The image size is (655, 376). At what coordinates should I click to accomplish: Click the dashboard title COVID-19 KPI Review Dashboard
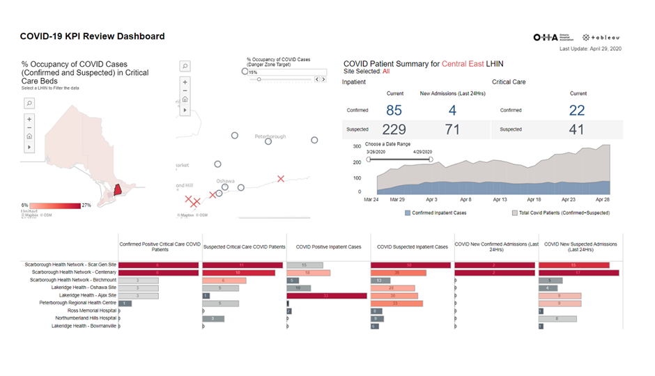(x=92, y=36)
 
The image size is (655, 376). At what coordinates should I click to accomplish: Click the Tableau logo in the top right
(x=601, y=38)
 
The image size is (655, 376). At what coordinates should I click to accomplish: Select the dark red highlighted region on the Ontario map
(x=118, y=189)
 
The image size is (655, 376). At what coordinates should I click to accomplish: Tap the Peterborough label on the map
(x=270, y=136)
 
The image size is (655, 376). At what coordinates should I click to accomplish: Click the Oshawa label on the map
(x=225, y=180)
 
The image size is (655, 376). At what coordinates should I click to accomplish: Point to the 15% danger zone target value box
(x=286, y=72)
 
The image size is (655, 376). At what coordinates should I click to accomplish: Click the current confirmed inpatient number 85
(x=394, y=110)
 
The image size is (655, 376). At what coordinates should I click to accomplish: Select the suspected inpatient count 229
(x=394, y=129)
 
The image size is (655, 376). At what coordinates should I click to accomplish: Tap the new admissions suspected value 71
(x=452, y=129)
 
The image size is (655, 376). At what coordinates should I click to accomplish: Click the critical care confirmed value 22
(x=578, y=110)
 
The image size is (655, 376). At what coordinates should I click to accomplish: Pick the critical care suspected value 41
(x=578, y=129)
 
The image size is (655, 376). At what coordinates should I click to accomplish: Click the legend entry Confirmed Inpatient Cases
(x=439, y=212)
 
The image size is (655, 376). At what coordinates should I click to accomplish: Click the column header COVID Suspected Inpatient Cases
(x=412, y=246)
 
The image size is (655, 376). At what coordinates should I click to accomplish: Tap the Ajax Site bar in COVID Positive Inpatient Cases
(x=326, y=295)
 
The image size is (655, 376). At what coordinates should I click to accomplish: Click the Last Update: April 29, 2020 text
(x=590, y=48)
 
